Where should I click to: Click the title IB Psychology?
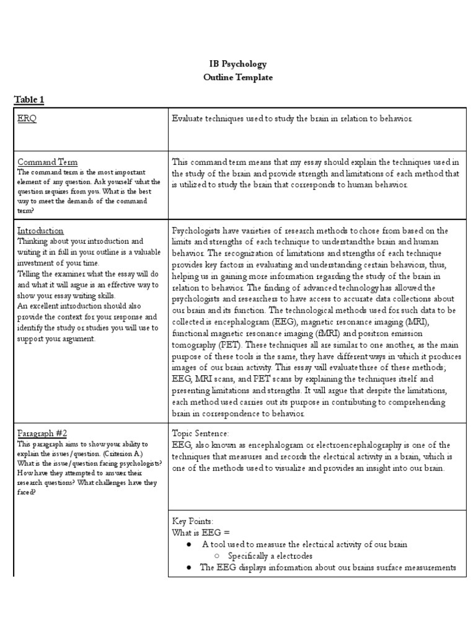pos(238,64)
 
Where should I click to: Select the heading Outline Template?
pos(238,78)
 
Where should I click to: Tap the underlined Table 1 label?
pos(29,99)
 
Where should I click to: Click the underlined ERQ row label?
pos(27,119)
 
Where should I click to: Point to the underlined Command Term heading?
pos(48,162)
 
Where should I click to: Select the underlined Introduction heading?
pos(40,231)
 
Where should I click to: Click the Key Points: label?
pos(192,522)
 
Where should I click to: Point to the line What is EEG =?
pos(201,533)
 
